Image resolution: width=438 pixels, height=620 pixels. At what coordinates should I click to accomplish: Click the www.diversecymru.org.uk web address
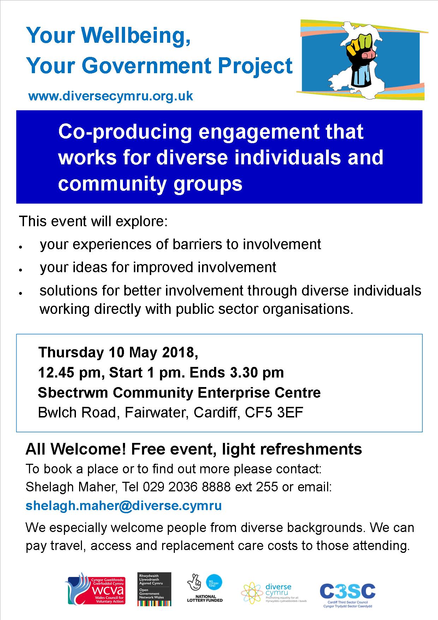click(x=111, y=96)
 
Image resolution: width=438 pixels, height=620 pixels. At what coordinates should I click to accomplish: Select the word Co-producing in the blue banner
click(x=125, y=132)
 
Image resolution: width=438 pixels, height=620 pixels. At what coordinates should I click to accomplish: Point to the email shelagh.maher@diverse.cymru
click(x=124, y=505)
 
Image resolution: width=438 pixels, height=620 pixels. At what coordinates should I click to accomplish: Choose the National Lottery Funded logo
click(x=205, y=588)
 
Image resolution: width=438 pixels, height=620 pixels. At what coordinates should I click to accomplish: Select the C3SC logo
click(x=348, y=593)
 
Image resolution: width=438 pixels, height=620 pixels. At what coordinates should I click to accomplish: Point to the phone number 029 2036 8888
click(x=187, y=487)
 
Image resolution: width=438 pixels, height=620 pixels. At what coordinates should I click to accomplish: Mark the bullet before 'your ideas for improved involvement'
click(x=22, y=270)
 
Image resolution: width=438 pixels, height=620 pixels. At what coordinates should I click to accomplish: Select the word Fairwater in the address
click(x=152, y=413)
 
